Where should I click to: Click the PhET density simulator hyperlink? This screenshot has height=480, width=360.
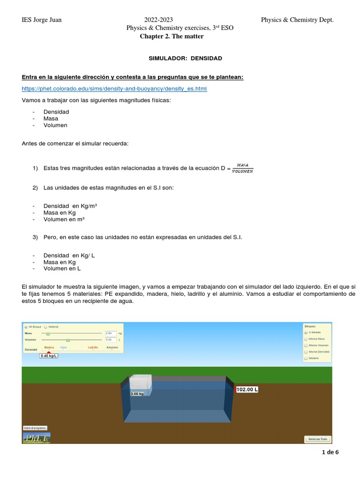[x=114, y=89]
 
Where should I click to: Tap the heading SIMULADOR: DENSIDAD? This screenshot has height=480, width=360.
[x=185, y=58]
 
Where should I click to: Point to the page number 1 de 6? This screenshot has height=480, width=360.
[x=330, y=452]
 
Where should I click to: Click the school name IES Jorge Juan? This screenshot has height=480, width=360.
[x=42, y=20]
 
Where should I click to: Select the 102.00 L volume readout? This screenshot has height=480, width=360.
[x=247, y=390]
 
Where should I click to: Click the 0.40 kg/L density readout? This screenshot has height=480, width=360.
[x=49, y=356]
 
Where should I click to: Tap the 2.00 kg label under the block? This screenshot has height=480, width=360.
[x=137, y=394]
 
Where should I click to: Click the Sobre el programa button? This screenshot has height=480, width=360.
[x=35, y=428]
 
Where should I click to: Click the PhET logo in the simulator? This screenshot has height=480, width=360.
[x=36, y=438]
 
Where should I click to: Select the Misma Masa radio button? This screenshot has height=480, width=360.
[x=306, y=338]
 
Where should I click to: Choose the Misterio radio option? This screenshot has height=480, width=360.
[x=306, y=358]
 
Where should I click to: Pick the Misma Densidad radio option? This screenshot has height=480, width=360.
[x=306, y=352]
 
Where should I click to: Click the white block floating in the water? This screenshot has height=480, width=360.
[x=140, y=383]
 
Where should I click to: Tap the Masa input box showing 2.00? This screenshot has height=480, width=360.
[x=111, y=333]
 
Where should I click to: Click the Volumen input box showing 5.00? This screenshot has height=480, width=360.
[x=111, y=339]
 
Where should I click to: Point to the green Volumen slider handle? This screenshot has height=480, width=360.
[x=68, y=339]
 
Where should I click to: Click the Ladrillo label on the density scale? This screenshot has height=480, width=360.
[x=93, y=348]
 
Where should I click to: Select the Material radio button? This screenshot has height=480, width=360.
[x=45, y=327]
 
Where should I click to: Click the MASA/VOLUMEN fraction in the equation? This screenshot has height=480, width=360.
[x=242, y=168]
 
